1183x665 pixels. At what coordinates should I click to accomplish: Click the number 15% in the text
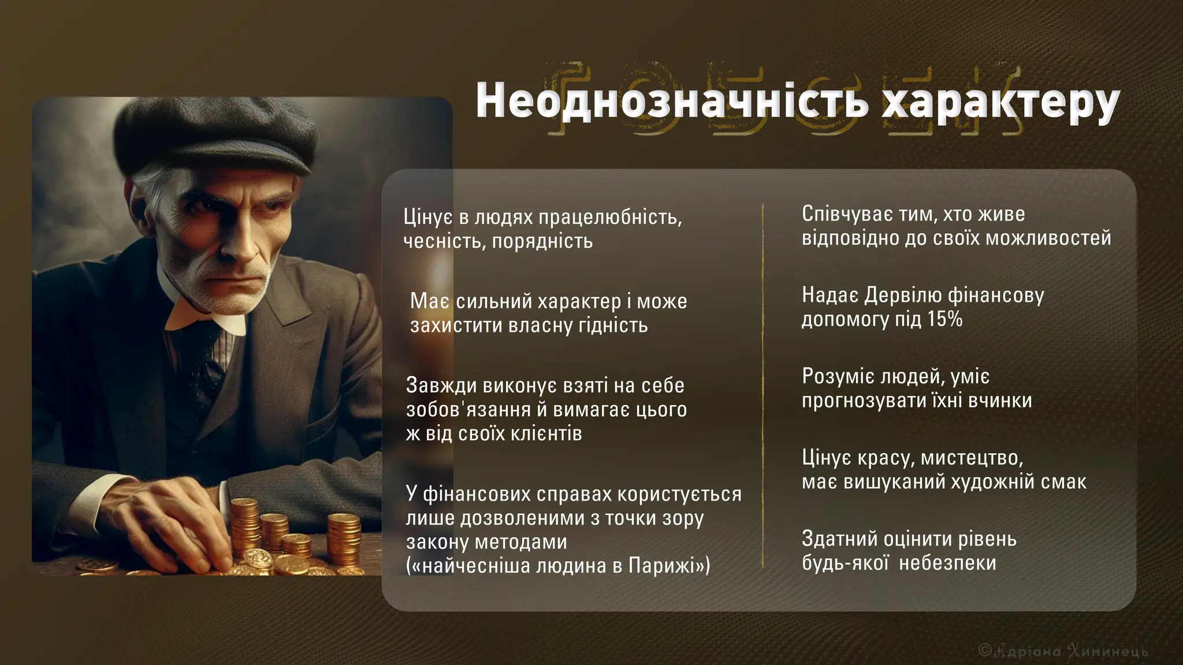pyautogui.click(x=945, y=319)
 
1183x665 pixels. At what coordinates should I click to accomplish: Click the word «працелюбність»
pyautogui.click(x=609, y=218)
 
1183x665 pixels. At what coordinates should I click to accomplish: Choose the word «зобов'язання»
pyautogui.click(x=468, y=409)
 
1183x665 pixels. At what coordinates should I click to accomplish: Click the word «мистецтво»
pyautogui.click(x=972, y=458)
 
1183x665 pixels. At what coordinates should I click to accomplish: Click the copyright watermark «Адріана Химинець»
pyautogui.click(x=1065, y=651)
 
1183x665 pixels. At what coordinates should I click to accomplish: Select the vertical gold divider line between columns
pyautogui.click(x=763, y=385)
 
